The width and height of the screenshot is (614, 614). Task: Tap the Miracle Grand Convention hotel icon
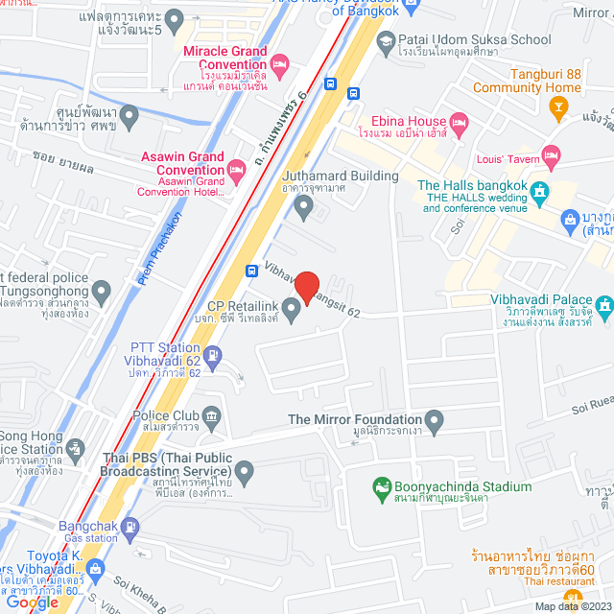[x=279, y=65]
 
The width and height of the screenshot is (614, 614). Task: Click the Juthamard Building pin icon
[x=304, y=204]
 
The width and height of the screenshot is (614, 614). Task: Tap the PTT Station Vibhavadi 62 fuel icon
[x=212, y=359]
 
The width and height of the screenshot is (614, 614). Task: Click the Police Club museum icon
[x=211, y=414]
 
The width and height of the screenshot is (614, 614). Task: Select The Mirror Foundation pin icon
[x=435, y=419]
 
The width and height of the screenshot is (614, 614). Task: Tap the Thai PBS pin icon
[x=246, y=470]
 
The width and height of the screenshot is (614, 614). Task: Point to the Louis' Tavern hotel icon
[x=550, y=154]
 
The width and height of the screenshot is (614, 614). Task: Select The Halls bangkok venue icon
[x=539, y=192]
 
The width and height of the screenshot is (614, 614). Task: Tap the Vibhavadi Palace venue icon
[x=603, y=307]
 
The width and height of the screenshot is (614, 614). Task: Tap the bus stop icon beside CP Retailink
[x=250, y=271]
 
